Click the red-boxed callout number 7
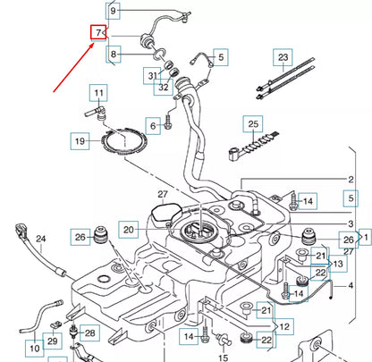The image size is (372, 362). (x=98, y=32)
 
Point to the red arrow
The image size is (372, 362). (x=74, y=67)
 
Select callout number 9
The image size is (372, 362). (x=113, y=11)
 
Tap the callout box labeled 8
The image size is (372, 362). (x=114, y=55)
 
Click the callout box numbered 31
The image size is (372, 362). (x=153, y=76)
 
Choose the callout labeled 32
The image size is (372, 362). (x=164, y=87)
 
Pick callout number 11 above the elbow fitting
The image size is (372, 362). (x=98, y=93)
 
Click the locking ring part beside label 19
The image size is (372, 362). (x=124, y=141)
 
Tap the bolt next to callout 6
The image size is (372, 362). (x=168, y=122)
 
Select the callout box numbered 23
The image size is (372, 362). (x=283, y=57)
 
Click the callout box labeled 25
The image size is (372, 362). (x=253, y=123)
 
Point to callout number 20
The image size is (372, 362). (x=129, y=230)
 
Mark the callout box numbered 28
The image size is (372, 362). (x=89, y=333)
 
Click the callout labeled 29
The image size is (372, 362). (x=53, y=341)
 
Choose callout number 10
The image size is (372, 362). (x=35, y=348)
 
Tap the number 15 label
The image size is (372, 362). (x=223, y=357)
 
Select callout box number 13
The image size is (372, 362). (x=338, y=264)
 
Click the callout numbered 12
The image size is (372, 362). (x=284, y=327)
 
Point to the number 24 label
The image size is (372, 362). (x=41, y=239)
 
